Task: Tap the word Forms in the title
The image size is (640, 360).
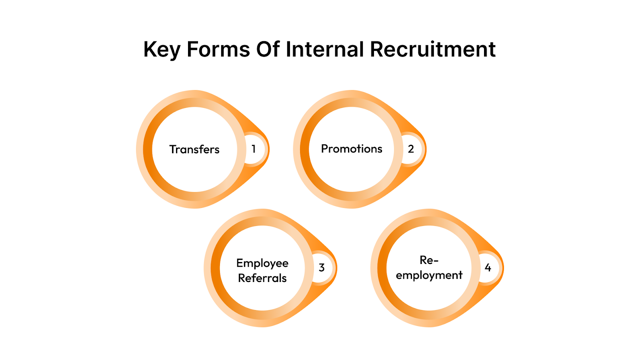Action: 218,50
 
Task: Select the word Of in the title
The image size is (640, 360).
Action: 268,50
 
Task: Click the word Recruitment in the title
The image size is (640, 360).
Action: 432,50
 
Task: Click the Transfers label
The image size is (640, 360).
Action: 194,149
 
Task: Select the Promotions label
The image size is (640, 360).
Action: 352,149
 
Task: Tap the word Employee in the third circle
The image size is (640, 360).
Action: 262,263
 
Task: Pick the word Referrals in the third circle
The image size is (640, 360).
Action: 262,278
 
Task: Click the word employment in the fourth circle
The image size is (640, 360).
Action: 429,275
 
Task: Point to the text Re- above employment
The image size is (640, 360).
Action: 429,260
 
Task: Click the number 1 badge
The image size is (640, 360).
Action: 254,149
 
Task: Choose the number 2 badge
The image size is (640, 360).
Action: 411,149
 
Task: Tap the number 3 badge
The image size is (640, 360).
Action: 322,268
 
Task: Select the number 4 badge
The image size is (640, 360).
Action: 488,268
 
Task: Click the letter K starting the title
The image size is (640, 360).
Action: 149,50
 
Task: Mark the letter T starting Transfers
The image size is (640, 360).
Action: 173,149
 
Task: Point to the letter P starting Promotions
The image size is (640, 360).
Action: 324,149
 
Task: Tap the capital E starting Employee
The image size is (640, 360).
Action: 240,263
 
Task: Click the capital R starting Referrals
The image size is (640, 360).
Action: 241,278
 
